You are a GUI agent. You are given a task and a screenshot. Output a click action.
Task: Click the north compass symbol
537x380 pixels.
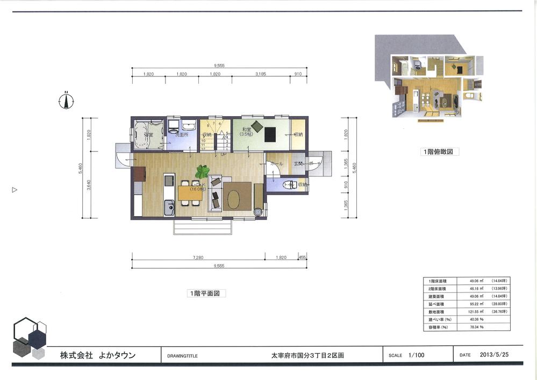(66, 100)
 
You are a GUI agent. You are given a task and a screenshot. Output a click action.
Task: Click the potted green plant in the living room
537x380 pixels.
(203, 171)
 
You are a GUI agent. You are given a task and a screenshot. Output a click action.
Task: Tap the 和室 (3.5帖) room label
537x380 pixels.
(247, 131)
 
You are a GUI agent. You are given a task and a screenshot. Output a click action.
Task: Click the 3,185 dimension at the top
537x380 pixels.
(260, 74)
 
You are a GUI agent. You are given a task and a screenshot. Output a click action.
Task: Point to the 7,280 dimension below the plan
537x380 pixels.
(197, 258)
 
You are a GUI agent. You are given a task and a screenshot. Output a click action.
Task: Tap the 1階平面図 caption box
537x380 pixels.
(206, 293)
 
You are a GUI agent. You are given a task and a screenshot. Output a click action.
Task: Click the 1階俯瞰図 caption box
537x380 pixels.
(440, 152)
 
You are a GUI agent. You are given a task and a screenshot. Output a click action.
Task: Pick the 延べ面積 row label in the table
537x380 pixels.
(434, 304)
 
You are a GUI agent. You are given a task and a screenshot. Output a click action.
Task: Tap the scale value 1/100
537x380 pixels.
(416, 355)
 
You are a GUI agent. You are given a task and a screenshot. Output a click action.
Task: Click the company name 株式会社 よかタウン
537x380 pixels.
(98, 355)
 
